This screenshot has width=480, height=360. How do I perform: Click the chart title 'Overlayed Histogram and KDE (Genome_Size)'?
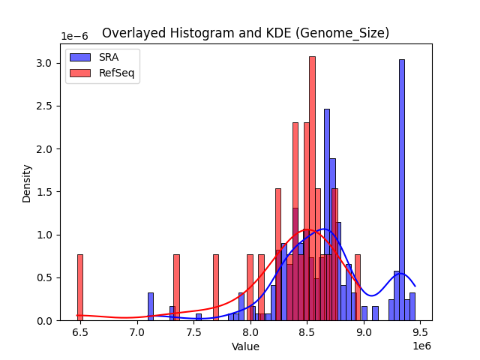245,33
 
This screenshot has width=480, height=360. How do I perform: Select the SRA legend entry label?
109,57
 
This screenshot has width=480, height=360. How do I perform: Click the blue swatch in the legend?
81,57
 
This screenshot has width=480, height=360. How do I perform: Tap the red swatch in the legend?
81,73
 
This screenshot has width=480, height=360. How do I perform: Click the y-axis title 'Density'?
27,183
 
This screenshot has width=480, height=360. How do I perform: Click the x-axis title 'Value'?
245,346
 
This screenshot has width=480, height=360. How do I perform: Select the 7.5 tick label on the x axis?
193,331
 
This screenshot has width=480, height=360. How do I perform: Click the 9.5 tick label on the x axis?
420,331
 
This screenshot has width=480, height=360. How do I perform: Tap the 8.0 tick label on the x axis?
250,331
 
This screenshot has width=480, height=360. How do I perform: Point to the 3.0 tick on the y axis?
46,63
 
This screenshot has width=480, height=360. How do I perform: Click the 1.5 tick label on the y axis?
46,192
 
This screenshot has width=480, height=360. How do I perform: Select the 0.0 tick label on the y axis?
46,320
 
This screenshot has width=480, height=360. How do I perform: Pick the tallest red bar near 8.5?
312,188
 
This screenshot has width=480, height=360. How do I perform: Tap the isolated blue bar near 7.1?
150,306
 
